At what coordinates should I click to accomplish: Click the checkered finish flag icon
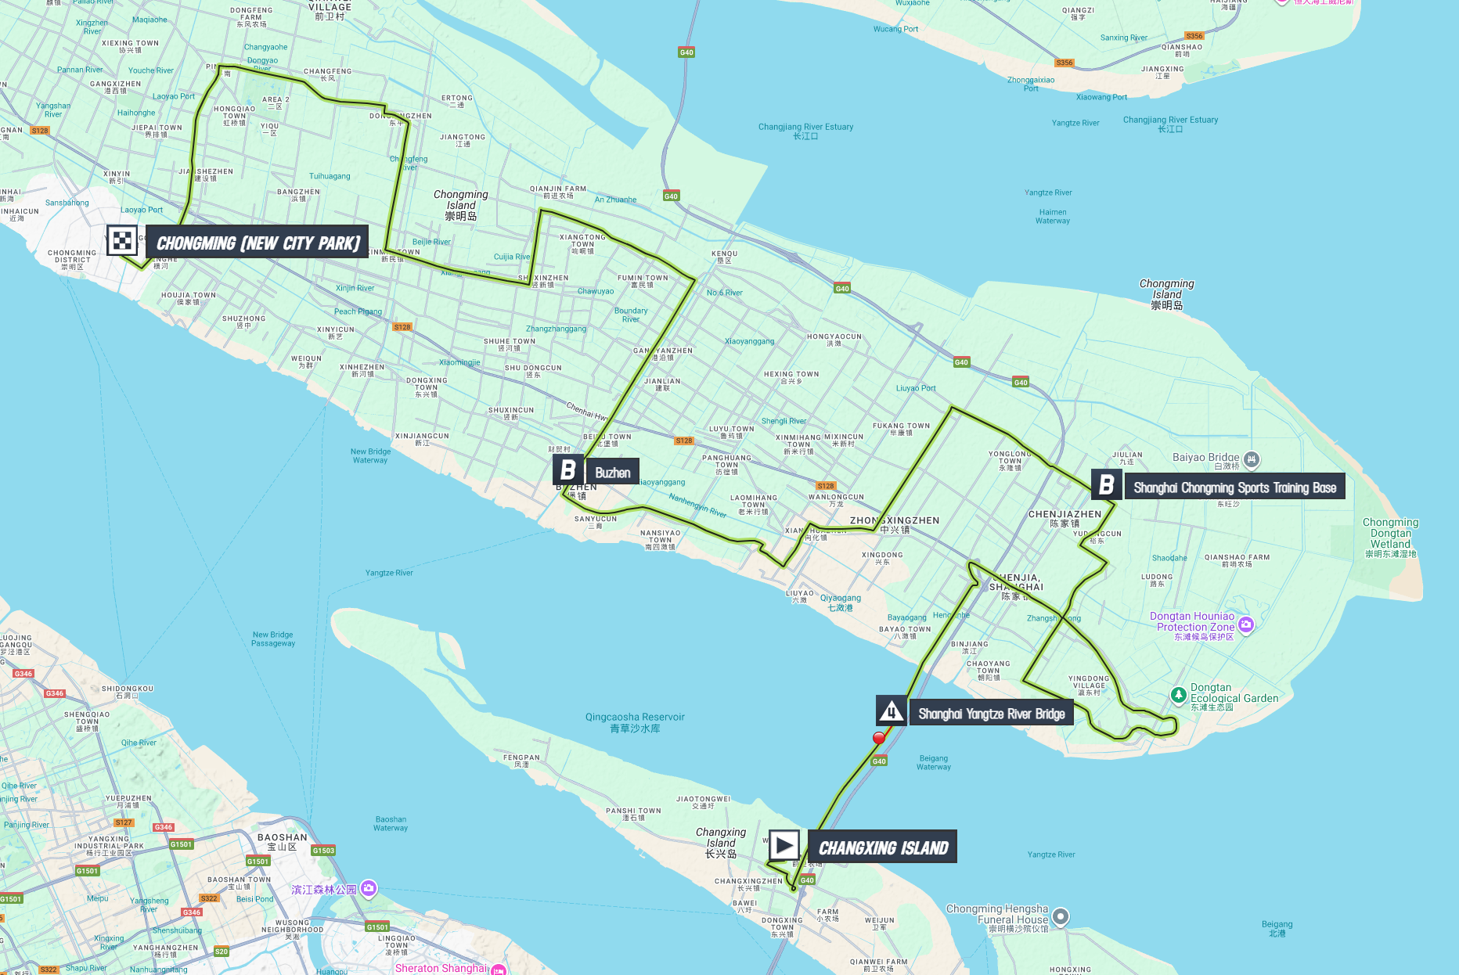coord(122,240)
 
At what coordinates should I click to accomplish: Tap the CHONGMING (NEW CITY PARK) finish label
coord(258,243)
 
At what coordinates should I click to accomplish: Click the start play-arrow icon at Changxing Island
coord(784,845)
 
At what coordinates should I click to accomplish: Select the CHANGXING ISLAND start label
coord(882,847)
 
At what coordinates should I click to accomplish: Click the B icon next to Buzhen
coord(568,470)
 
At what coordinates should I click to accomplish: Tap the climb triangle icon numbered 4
coord(891,712)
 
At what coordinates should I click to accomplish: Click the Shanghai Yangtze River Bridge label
coord(991,714)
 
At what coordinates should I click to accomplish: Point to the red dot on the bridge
coord(879,738)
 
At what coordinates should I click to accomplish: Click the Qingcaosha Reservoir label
coord(635,721)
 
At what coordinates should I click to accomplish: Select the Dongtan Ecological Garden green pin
coord(1178,695)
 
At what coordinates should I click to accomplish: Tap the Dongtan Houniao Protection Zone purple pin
coord(1246,624)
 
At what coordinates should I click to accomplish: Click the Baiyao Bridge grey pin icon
coord(1251,459)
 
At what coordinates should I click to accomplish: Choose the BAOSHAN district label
coord(282,842)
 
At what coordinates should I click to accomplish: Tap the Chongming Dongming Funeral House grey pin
coord(1060,916)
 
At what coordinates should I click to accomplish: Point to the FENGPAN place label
coord(521,761)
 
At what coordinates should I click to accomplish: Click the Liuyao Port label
coord(916,388)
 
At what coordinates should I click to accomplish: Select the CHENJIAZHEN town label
coord(1065,518)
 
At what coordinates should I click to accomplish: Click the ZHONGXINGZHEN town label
coord(895,524)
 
